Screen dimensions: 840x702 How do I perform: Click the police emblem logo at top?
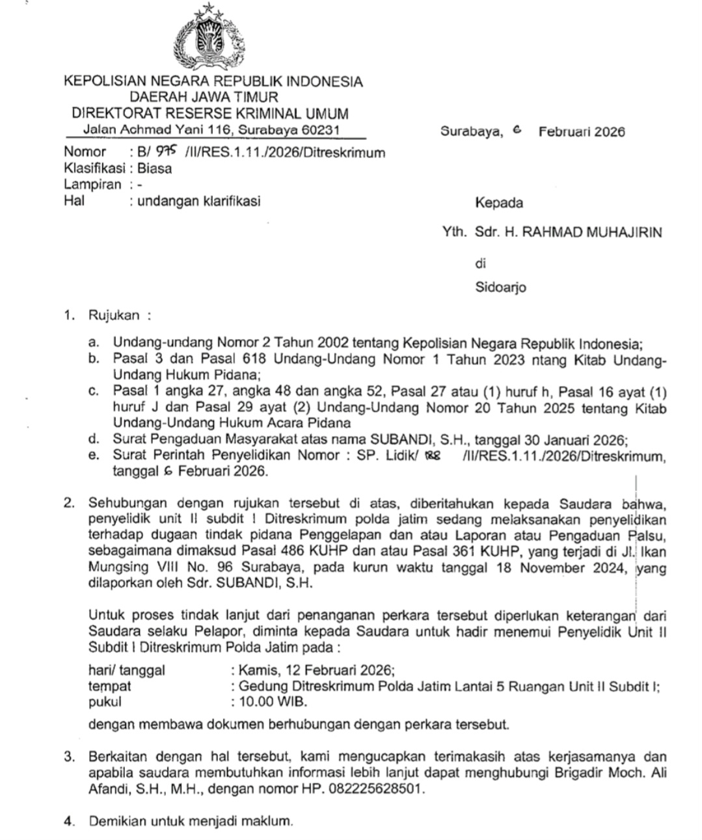[x=209, y=38]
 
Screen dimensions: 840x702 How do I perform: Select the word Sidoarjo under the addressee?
[x=500, y=287]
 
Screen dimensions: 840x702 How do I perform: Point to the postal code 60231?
[x=321, y=130]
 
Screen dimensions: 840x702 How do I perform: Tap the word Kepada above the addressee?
[x=498, y=203]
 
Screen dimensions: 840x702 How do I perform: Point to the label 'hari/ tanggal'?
[x=127, y=670]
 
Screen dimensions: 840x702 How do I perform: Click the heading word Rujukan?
[x=114, y=316]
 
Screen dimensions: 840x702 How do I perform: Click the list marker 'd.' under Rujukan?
[x=94, y=439]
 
